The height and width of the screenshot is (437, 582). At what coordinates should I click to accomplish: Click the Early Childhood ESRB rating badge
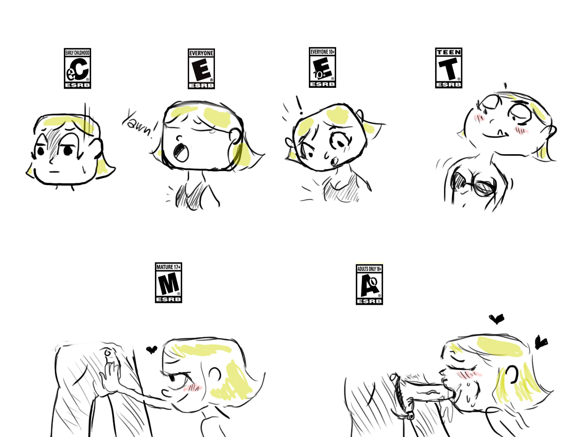click(77, 69)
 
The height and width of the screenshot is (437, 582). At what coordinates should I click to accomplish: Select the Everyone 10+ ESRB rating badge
click(322, 67)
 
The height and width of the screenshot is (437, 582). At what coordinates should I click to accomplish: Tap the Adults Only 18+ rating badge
click(369, 284)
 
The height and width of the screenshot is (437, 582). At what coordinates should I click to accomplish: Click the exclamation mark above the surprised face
click(299, 105)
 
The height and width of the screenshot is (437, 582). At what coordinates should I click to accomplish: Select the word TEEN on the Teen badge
click(449, 52)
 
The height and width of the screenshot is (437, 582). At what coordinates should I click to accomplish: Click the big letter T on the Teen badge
click(448, 69)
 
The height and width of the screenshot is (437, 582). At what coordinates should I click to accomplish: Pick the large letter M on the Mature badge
click(168, 284)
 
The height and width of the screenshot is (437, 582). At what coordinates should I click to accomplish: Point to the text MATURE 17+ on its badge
click(168, 267)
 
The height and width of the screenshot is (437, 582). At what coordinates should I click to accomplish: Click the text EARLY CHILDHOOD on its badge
click(77, 53)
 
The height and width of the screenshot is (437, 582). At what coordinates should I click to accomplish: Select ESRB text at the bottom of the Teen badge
click(449, 85)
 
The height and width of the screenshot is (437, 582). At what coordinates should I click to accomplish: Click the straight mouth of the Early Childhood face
click(54, 172)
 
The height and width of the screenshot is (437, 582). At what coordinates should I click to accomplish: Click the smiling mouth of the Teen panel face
click(495, 135)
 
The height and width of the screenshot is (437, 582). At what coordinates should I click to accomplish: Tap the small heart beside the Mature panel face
click(152, 350)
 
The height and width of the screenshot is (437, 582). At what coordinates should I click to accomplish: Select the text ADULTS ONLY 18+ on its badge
click(369, 269)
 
